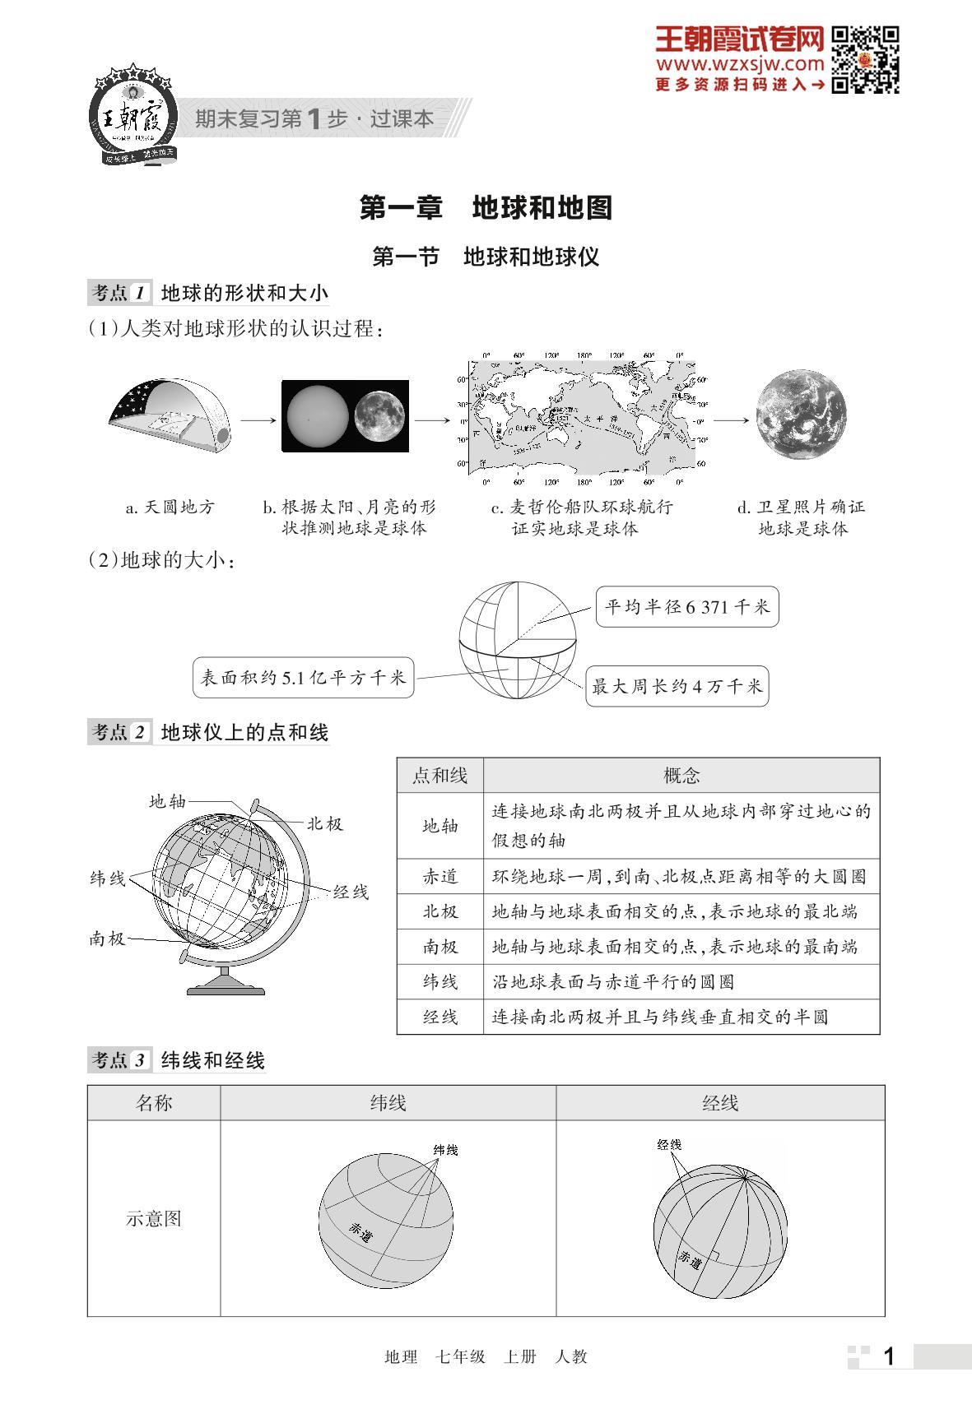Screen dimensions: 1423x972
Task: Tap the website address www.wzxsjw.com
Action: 740,63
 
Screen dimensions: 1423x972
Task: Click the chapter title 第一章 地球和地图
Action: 486,207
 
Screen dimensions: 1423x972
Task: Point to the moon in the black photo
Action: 380,415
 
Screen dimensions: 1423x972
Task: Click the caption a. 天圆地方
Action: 170,508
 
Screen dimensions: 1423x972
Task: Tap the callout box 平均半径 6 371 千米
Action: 686,607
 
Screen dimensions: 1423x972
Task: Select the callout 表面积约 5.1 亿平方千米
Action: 303,678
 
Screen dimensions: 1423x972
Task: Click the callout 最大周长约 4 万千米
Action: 677,686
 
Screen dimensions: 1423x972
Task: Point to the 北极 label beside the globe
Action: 324,824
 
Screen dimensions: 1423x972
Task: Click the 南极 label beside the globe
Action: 107,939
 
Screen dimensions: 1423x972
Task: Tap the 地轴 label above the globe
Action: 167,801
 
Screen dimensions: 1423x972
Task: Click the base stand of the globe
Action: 226,983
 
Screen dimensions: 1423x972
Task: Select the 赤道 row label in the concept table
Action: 439,877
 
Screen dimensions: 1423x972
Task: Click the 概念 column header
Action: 681,775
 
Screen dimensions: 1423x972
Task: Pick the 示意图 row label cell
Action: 154,1218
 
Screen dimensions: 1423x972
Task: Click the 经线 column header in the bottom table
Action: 720,1103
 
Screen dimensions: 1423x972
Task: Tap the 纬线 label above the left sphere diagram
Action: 445,1150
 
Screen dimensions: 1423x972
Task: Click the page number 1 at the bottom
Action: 888,1356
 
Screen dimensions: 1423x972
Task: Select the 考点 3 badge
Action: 120,1060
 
